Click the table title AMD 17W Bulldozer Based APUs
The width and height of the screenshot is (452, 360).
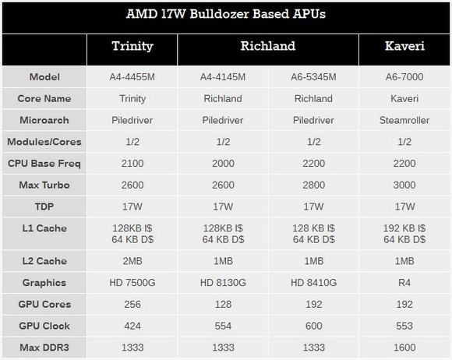[x=226, y=14]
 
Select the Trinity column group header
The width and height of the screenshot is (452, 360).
[x=132, y=46]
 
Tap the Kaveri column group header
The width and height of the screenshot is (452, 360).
[x=404, y=46]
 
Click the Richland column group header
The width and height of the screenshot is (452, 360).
[x=268, y=46]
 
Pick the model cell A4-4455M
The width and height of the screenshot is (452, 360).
[x=132, y=77]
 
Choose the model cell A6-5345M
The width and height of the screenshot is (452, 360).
[x=313, y=77]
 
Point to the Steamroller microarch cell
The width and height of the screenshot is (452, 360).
[x=404, y=120]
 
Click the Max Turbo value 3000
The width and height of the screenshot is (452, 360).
[x=404, y=185]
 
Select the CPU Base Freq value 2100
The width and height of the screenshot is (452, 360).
[x=132, y=164]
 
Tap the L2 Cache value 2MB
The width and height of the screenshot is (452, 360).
[x=132, y=261]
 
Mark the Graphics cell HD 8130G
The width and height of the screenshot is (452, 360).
[x=223, y=283]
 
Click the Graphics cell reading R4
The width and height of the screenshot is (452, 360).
[x=404, y=283]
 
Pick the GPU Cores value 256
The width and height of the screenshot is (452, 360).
[x=132, y=305]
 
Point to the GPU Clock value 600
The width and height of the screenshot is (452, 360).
[x=313, y=326]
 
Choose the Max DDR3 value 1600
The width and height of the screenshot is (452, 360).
[x=404, y=348]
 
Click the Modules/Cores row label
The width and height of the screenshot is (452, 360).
[x=44, y=142]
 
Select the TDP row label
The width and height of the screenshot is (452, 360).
[x=44, y=206]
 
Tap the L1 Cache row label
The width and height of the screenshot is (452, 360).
[x=44, y=228]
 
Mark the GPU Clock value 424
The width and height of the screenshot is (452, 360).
[x=132, y=326]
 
